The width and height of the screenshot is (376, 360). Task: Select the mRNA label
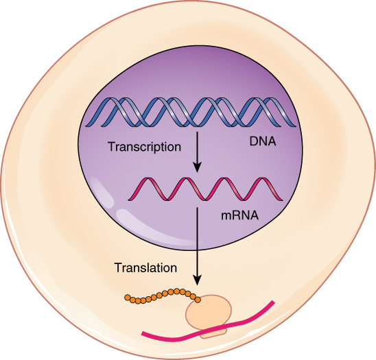239,215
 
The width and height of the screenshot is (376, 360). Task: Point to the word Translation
146,267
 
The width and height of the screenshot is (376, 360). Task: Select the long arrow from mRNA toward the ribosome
198,240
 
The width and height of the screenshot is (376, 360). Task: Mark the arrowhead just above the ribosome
198,280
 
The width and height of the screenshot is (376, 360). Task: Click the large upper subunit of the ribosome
209,312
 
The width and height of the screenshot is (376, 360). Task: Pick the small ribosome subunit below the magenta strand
213,333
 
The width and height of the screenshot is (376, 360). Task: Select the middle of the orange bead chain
161,296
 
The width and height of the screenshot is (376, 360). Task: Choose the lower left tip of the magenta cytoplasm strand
143,335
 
